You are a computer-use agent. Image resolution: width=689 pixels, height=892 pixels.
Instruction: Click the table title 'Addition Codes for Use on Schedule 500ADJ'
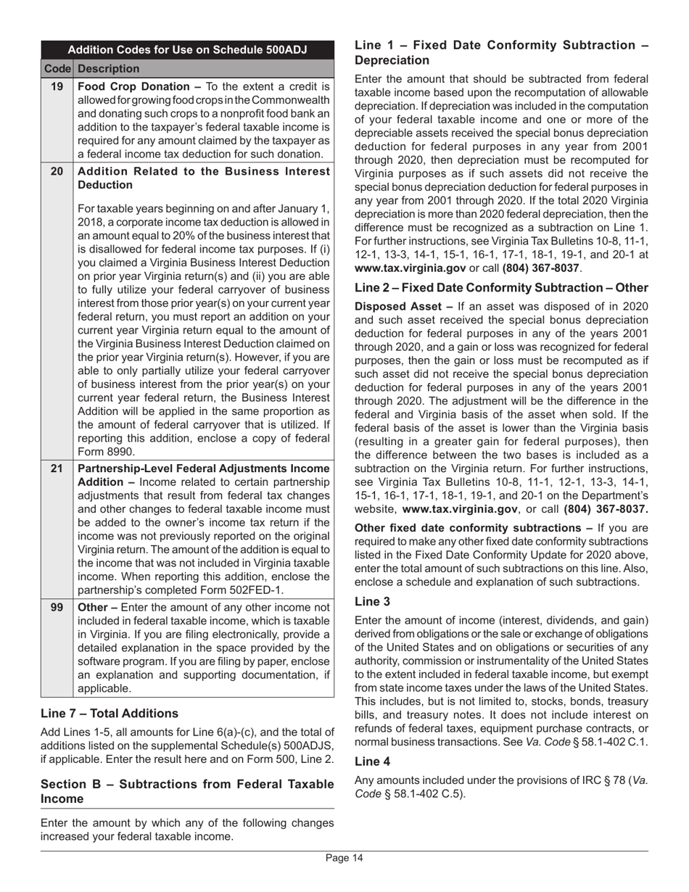pyautogui.click(x=187, y=50)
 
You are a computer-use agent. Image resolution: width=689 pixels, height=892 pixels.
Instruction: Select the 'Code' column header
pyautogui.click(x=57, y=69)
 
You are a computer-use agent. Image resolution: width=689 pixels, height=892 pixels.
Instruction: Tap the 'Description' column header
pyautogui.click(x=108, y=69)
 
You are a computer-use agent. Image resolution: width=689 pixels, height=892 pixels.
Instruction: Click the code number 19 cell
pyautogui.click(x=57, y=87)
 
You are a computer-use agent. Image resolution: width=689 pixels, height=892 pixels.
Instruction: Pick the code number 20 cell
pyautogui.click(x=57, y=172)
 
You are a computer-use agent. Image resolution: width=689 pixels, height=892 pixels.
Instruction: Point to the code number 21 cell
pyautogui.click(x=57, y=468)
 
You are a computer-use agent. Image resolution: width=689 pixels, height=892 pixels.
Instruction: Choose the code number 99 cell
pyautogui.click(x=57, y=608)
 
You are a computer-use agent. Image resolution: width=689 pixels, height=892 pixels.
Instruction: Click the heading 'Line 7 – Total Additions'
pyautogui.click(x=110, y=714)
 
